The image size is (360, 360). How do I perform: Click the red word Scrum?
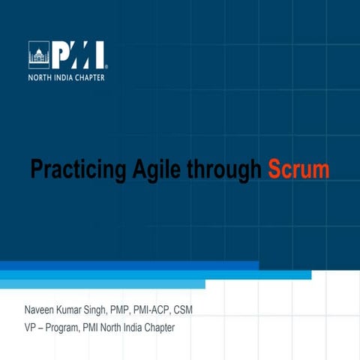[x=299, y=169]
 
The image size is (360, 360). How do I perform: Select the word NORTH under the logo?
[x=40, y=76]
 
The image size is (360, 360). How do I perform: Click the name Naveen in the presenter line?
[x=40, y=310]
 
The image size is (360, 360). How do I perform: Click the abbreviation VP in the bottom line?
[x=31, y=328]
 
